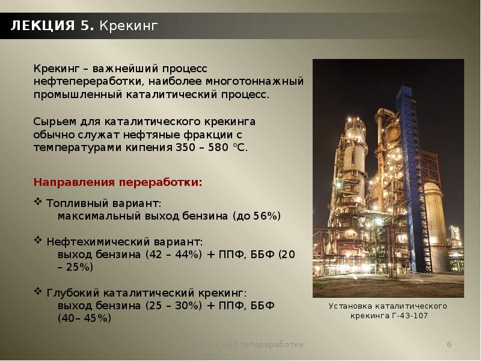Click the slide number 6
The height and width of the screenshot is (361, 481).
point(449,344)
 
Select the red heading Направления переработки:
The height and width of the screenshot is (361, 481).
point(118,181)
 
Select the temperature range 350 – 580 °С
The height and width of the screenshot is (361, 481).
point(210,147)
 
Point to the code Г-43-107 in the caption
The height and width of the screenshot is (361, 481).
point(410,316)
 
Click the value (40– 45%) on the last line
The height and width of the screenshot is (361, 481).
point(84,318)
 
